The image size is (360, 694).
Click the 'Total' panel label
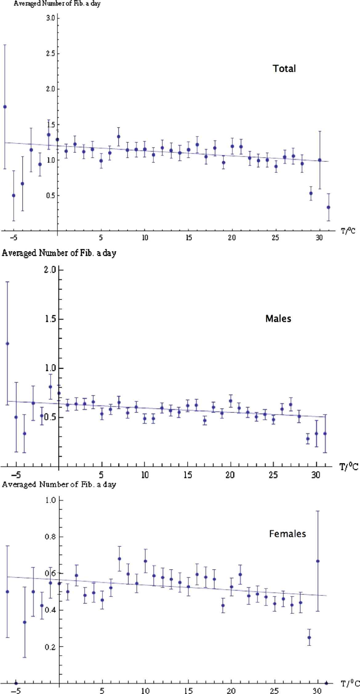(x=284, y=68)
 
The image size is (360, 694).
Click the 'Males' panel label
(x=278, y=318)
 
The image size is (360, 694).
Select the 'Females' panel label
(x=287, y=533)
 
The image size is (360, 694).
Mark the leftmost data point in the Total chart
(x=5, y=107)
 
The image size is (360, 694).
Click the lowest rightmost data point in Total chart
(x=328, y=207)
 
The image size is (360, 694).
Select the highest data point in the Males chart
(x=7, y=344)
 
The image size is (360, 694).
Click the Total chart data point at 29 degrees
(x=311, y=193)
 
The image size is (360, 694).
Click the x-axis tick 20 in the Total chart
(x=232, y=238)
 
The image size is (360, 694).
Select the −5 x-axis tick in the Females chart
(x=17, y=690)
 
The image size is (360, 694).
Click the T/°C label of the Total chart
(x=348, y=231)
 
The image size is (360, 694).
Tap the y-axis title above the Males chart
(x=59, y=253)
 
